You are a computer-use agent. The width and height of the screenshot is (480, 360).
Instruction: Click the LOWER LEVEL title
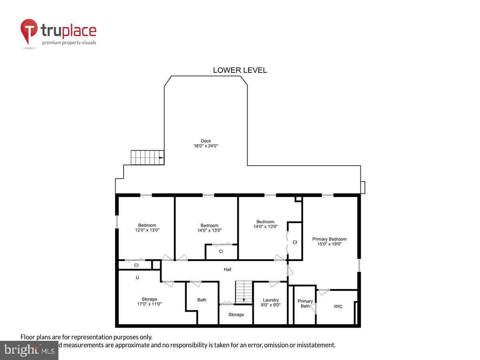[x=240, y=70]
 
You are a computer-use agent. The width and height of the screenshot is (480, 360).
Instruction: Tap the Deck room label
[x=206, y=141]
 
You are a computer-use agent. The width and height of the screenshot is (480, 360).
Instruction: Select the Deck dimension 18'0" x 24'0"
[x=206, y=146]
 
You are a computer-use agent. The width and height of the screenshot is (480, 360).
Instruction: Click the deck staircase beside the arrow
[x=147, y=158]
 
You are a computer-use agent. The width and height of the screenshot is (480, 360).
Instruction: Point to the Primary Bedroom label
[x=329, y=239]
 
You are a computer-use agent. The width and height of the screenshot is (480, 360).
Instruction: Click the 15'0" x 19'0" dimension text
[x=329, y=244]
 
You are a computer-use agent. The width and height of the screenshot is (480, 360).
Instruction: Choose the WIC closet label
[x=338, y=307]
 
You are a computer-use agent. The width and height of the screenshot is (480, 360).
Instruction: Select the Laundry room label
[x=270, y=300]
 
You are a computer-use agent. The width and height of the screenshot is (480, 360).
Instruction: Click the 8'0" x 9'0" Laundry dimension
[x=270, y=305]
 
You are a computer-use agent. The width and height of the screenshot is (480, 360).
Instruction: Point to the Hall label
[x=227, y=270]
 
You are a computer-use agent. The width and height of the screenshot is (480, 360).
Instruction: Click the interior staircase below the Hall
[x=244, y=292]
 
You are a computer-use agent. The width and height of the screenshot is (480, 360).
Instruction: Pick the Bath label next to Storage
[x=202, y=300]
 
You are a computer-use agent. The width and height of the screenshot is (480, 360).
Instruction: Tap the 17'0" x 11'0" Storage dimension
[x=149, y=304]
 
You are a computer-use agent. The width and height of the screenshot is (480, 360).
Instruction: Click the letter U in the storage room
[x=137, y=277]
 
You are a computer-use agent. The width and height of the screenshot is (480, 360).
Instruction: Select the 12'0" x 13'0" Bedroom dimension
[x=147, y=230]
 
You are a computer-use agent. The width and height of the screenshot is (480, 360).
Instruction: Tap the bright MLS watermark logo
[x=29, y=350]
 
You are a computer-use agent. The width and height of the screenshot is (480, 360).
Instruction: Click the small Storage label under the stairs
[x=236, y=315]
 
